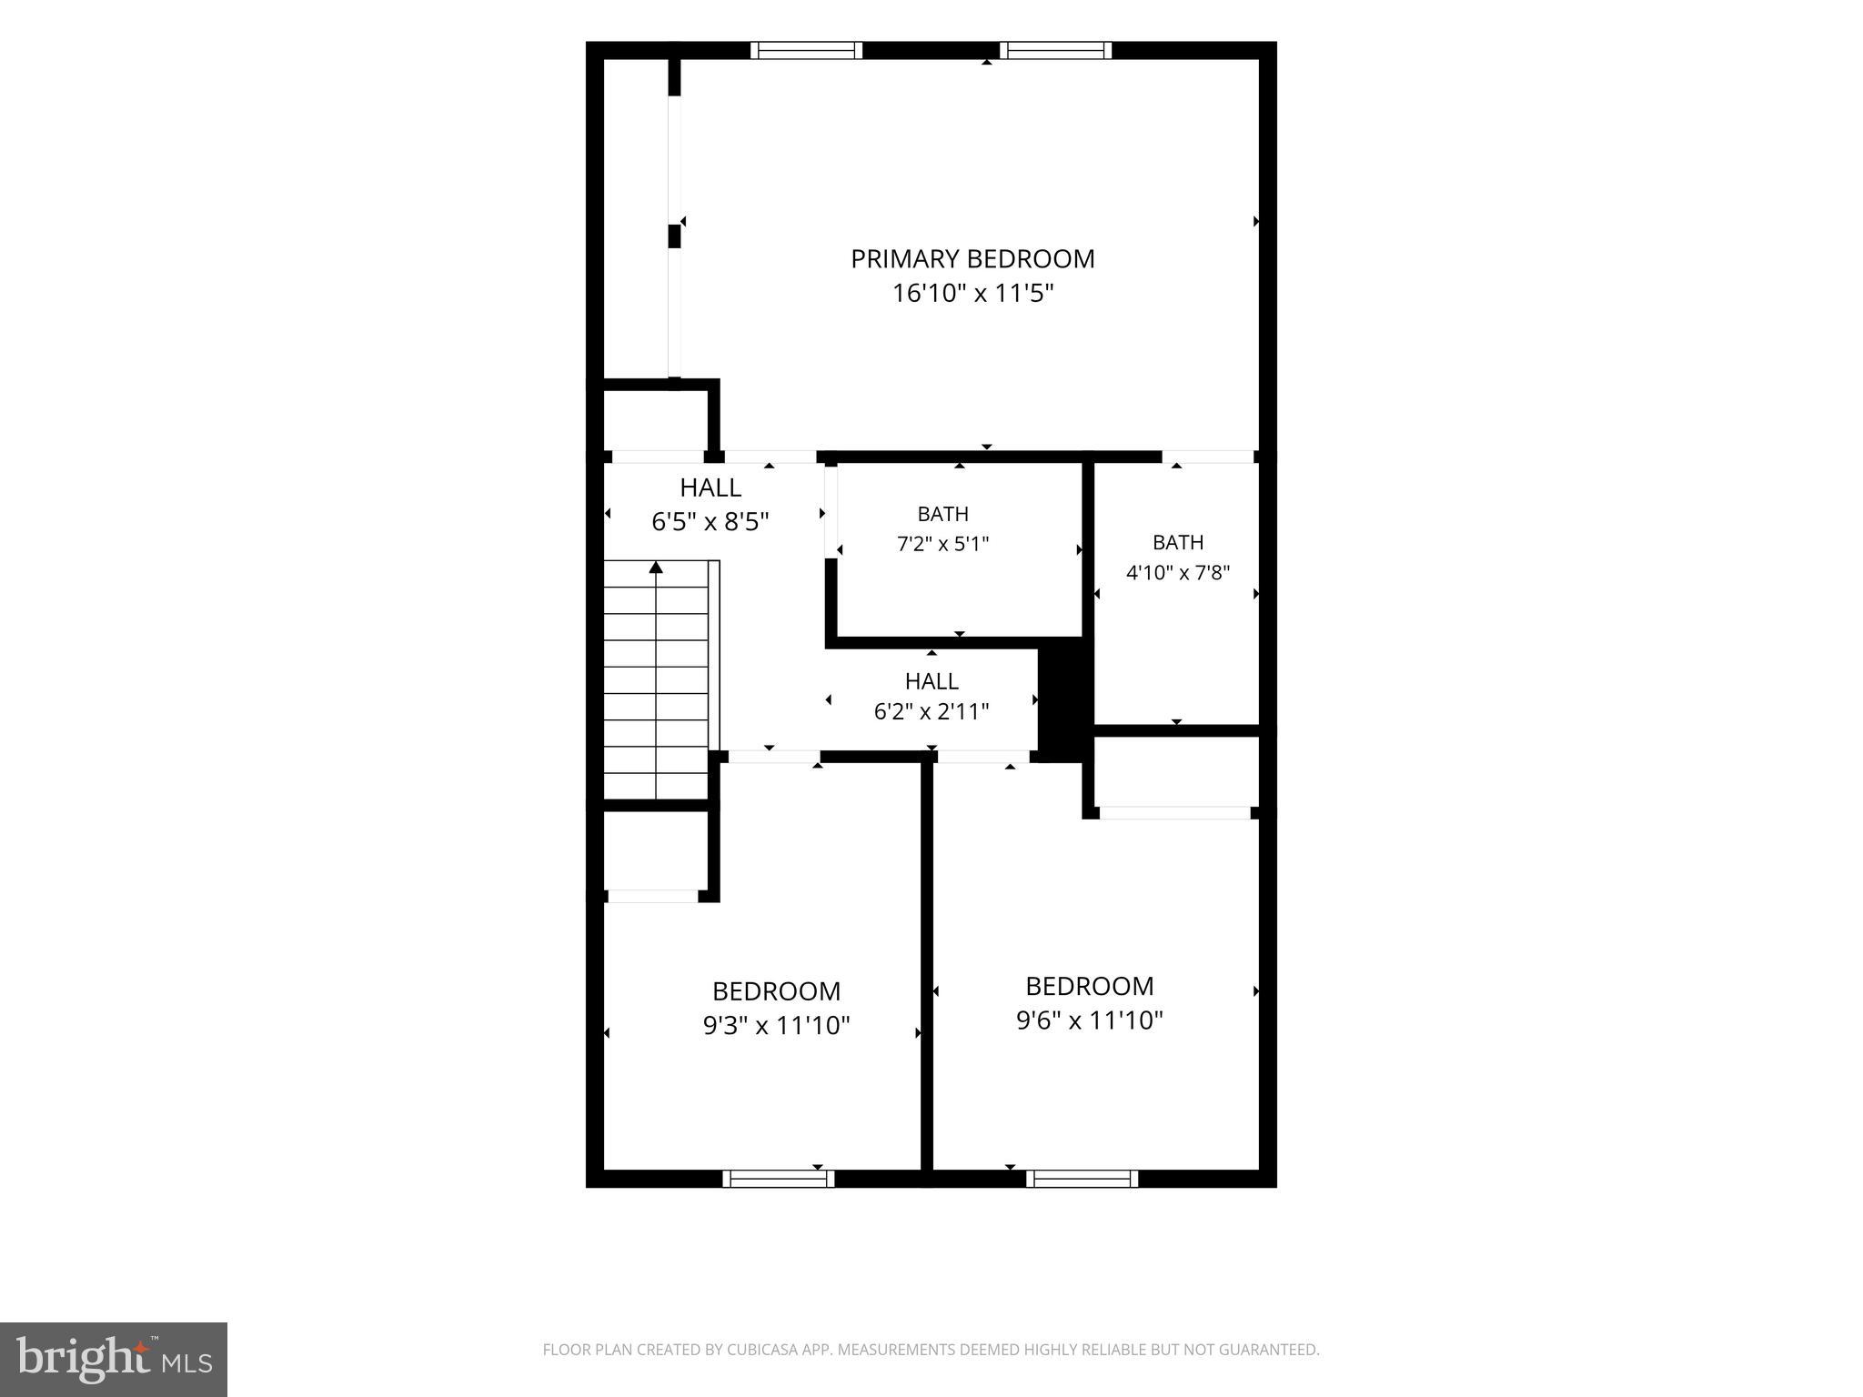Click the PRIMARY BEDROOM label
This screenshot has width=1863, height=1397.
pyautogui.click(x=972, y=259)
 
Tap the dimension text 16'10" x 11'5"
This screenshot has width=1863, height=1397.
pyautogui.click(x=972, y=294)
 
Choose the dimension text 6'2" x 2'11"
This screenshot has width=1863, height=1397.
pyautogui.click(x=931, y=711)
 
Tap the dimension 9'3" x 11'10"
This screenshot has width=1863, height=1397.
pyautogui.click(x=776, y=1026)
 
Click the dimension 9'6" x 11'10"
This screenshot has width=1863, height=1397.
pyautogui.click(x=1090, y=1020)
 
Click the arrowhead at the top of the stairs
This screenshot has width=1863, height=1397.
pyautogui.click(x=656, y=568)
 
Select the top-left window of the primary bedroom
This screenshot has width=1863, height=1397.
pyautogui.click(x=806, y=50)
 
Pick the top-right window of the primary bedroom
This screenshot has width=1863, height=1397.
pyautogui.click(x=1055, y=50)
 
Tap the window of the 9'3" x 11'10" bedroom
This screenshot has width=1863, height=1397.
pyautogui.click(x=779, y=1179)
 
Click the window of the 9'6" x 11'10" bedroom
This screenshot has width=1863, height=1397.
pyautogui.click(x=1083, y=1179)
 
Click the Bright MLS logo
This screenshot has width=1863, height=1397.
pyautogui.click(x=114, y=1359)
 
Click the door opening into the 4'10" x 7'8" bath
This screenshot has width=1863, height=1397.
pyautogui.click(x=1208, y=457)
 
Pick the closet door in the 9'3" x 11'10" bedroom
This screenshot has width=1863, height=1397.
pyautogui.click(x=653, y=896)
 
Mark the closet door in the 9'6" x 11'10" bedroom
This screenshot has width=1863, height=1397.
pyautogui.click(x=1175, y=813)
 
